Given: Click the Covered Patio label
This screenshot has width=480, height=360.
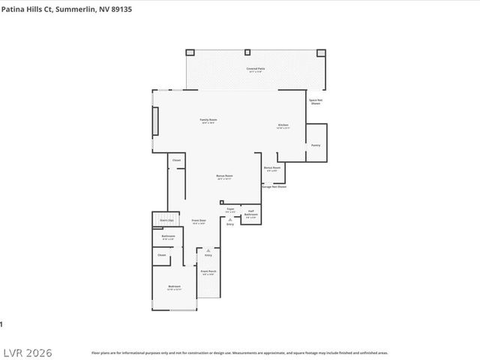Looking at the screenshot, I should [x=255, y=70].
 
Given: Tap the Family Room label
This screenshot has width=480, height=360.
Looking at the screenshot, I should [x=208, y=121].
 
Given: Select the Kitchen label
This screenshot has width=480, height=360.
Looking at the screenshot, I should [x=283, y=126].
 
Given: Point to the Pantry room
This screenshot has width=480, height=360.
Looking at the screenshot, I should [x=316, y=144].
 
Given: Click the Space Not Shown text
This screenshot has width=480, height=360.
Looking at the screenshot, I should [x=315, y=101].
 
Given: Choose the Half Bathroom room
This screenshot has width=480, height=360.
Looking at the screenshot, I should [x=252, y=214].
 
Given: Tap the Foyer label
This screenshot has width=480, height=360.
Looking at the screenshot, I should [x=231, y=211].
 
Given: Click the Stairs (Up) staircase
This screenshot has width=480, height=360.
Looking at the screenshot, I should [x=166, y=220].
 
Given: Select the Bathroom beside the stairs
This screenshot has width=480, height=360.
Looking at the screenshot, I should [x=168, y=238].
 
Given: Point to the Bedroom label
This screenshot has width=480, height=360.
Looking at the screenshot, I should [x=174, y=288].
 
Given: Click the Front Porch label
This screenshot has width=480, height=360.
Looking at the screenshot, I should [x=209, y=272].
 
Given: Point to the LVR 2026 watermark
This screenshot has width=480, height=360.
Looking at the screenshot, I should [x=27, y=352].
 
